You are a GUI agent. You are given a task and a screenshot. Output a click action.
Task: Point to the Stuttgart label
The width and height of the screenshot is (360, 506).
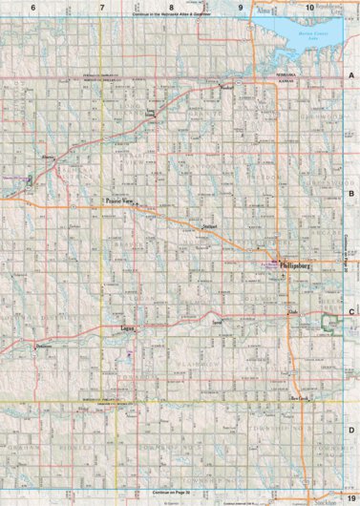211,225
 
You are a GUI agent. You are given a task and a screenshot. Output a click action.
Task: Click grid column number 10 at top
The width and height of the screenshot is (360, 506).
309,7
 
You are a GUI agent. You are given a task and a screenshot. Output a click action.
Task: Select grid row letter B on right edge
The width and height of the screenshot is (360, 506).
351,192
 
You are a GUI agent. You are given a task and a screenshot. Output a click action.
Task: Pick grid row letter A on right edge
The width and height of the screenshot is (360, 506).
351,74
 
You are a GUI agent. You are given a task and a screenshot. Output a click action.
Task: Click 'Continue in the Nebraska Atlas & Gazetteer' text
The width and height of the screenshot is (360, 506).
179,16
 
